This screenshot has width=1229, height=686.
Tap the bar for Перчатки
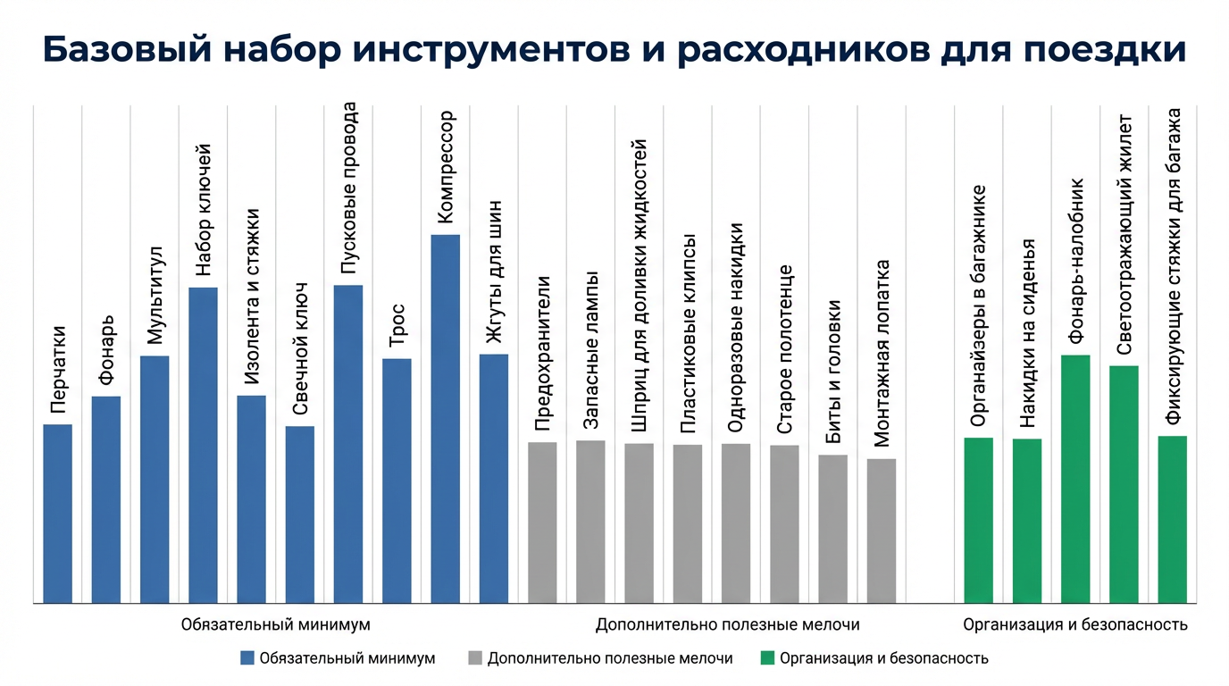pos(58,513)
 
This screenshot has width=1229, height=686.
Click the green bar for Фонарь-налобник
pos(1075,479)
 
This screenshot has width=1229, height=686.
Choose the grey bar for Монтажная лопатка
pos(882,531)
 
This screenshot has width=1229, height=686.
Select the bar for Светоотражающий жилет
pos(1124,484)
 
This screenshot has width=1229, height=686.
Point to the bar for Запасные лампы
pos(590,522)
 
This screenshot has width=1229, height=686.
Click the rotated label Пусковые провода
pos(349,189)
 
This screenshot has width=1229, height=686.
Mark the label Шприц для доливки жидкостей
pos(640,287)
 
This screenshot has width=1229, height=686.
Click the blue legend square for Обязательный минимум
pos(247,659)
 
